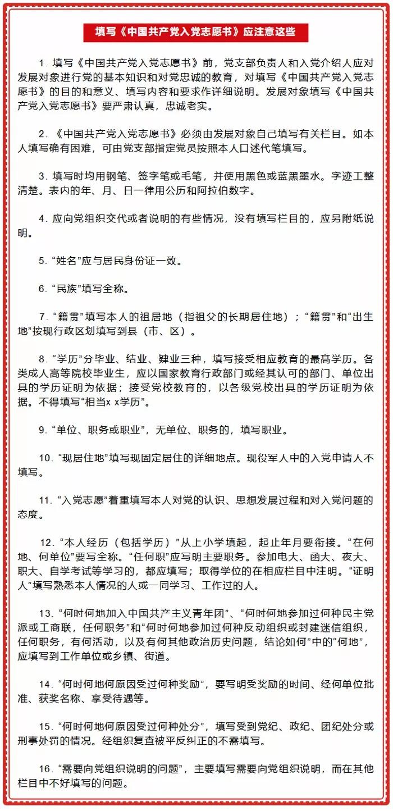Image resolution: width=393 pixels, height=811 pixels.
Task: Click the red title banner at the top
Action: click(x=196, y=32)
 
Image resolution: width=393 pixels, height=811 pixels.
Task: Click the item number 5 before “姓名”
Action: click(x=42, y=261)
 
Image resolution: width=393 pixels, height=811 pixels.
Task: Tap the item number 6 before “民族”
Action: click(x=42, y=289)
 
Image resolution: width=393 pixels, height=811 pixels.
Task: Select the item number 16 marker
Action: click(x=45, y=768)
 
